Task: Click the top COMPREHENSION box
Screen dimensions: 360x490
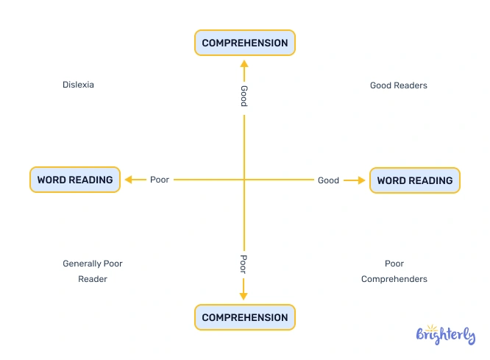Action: [245, 43]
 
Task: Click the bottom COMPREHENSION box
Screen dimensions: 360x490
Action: [245, 317]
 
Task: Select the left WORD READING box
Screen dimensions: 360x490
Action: [75, 180]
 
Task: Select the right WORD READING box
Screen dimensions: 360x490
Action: [415, 180]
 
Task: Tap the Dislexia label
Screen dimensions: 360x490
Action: [78, 85]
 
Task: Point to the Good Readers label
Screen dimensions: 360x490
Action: [398, 85]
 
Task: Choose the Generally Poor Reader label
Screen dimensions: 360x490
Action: [93, 271]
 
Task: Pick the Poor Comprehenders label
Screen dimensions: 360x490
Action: [394, 271]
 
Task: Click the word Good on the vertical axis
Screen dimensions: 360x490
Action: [244, 96]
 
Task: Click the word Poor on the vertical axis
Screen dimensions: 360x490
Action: [244, 264]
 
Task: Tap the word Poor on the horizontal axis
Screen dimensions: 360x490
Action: [160, 180]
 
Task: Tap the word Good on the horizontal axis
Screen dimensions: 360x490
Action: [328, 180]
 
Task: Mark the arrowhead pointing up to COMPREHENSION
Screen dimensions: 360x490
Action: [244, 64]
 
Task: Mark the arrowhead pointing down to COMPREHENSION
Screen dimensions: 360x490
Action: [244, 295]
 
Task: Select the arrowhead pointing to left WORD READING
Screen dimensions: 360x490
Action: [129, 180]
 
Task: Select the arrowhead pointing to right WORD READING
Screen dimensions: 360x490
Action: [361, 180]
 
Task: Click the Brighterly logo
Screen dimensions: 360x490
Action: [445, 336]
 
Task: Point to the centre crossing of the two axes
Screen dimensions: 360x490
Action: [244, 180]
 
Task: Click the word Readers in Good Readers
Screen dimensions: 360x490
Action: [410, 85]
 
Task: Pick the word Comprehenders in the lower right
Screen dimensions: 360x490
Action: [394, 279]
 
